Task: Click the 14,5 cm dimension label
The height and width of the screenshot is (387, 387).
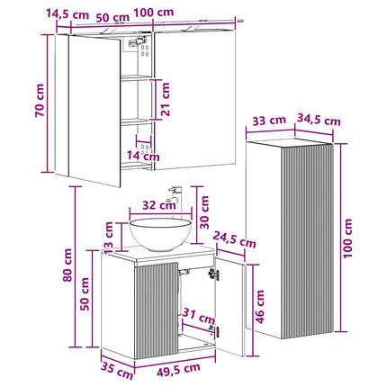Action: pos(67,14)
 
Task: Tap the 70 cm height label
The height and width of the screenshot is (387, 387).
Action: pos(40,101)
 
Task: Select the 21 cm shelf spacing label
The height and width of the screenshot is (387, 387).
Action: pos(165,99)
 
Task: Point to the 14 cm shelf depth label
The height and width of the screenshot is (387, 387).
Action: pos(143,156)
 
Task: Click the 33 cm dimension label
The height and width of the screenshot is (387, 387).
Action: pos(269,121)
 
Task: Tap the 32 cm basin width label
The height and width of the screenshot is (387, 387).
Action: pos(159,205)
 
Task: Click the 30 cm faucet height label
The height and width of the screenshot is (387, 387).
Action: pos(204,212)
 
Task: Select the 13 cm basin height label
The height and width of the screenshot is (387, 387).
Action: pos(108,237)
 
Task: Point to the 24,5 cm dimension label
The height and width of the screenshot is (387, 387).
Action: pos(235,239)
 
